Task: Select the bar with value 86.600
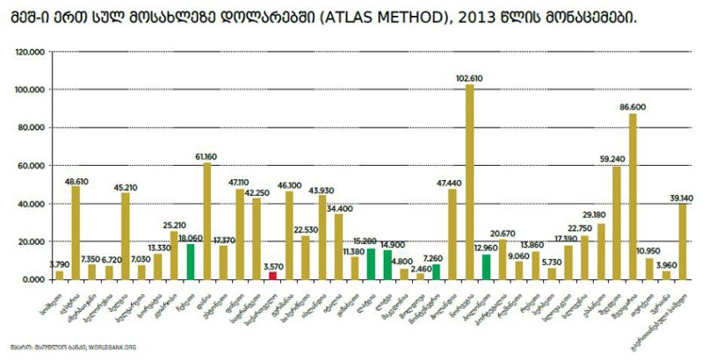632,197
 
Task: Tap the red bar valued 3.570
273,276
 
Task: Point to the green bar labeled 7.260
436,272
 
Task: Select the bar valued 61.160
207,221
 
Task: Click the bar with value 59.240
616,223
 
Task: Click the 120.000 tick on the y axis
30,53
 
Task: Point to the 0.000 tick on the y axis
33,279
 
